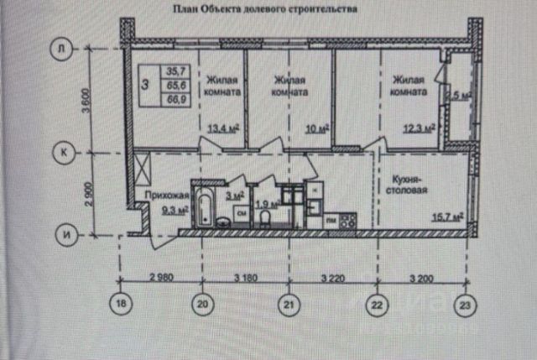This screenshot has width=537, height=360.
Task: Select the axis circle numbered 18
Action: (123, 305)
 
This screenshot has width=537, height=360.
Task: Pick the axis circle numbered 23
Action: (463, 305)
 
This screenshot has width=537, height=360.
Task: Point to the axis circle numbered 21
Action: (289, 305)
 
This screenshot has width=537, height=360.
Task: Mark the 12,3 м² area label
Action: (417, 127)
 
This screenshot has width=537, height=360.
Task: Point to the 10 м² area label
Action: (316, 128)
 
